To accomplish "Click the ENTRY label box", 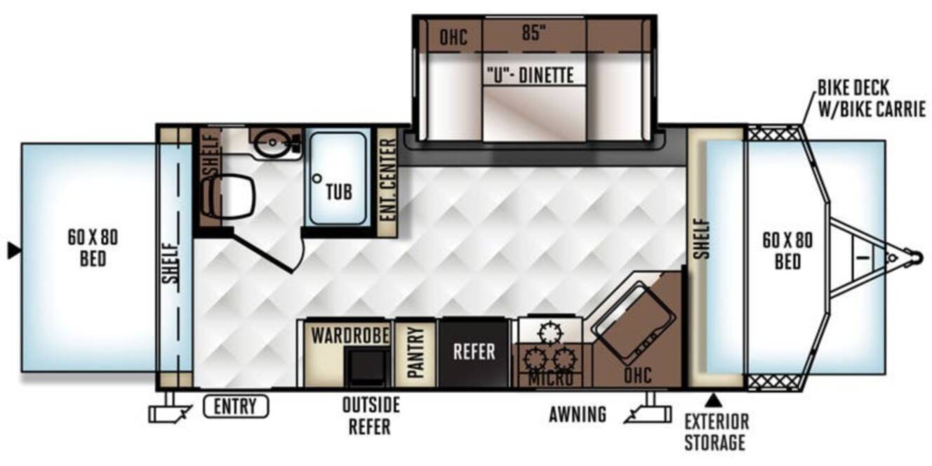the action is [x=236, y=406].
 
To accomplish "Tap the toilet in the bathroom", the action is [x=227, y=196].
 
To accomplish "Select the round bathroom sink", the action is [x=272, y=142].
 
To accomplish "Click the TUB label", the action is [x=339, y=192].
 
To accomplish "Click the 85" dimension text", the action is [x=534, y=32].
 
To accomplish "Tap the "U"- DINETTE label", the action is [x=531, y=75].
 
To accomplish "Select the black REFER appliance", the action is [x=474, y=352].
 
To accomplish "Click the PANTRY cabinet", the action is [x=415, y=353].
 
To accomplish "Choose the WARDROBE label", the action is [x=350, y=335].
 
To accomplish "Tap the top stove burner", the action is [x=550, y=333].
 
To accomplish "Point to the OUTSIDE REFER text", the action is [x=371, y=415].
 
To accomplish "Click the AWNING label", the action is [x=578, y=414].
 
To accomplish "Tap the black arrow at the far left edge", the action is [x=14, y=251].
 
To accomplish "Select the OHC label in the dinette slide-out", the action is [x=453, y=37].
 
